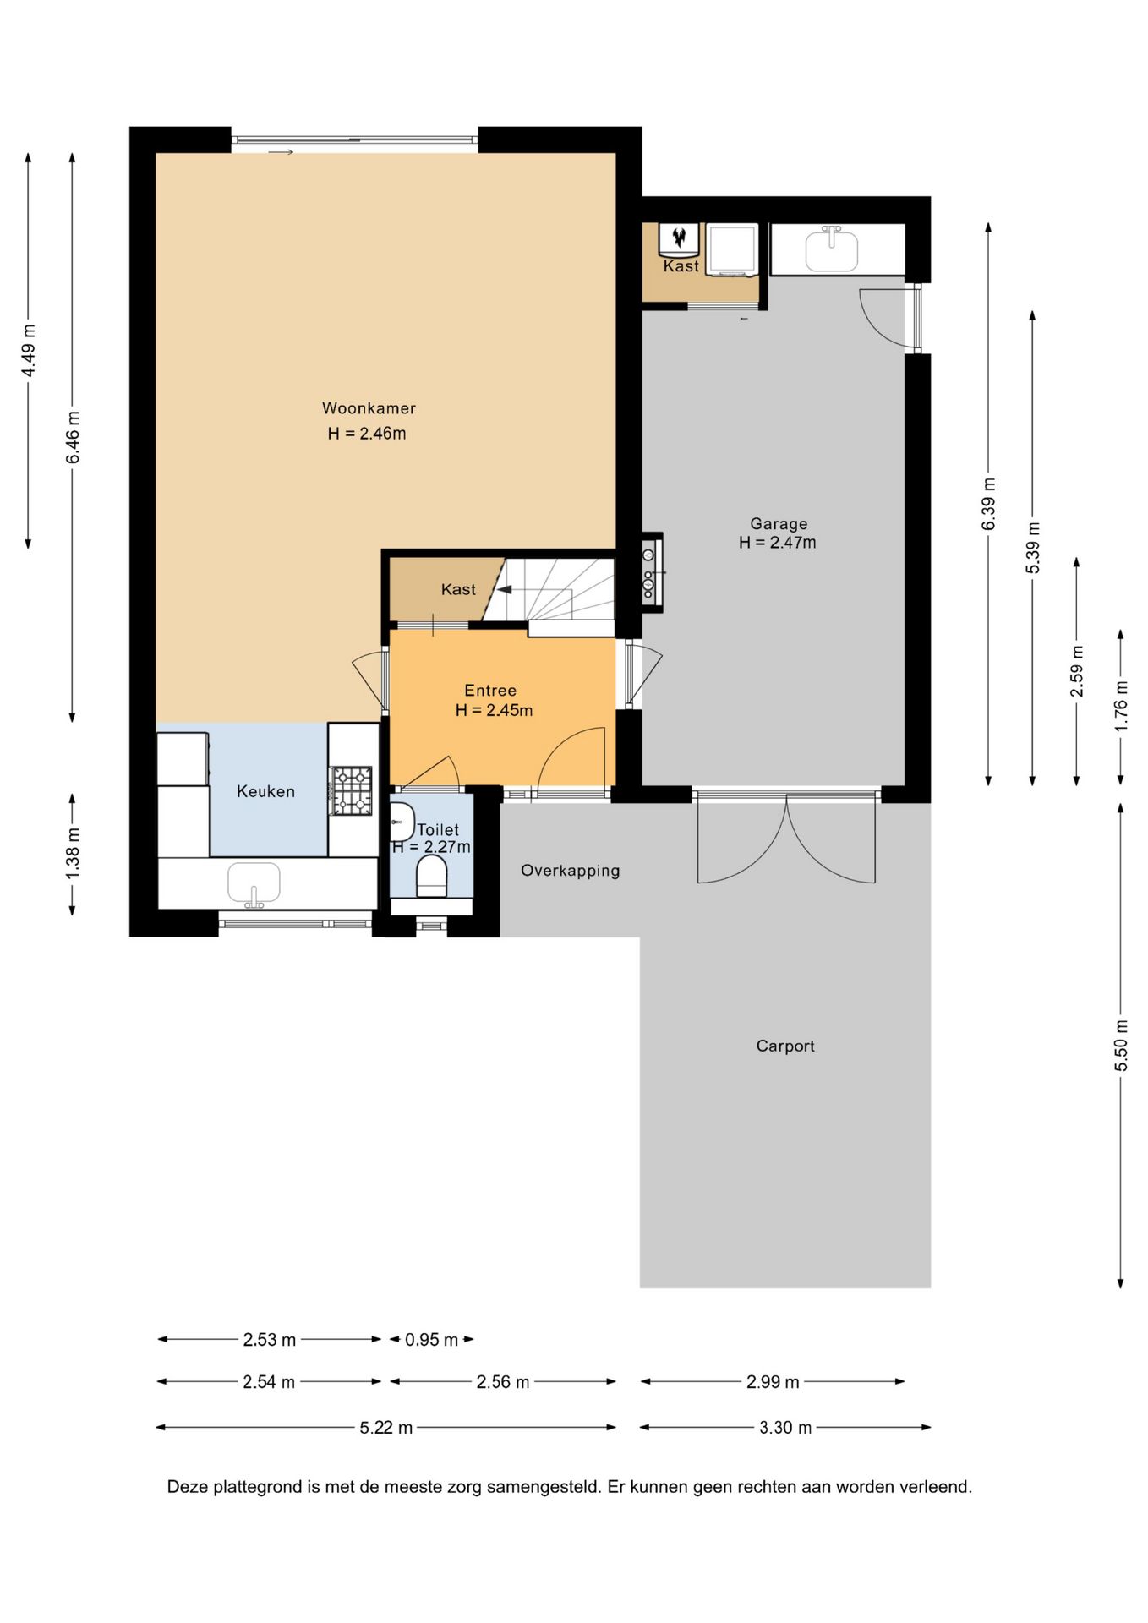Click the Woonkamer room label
[369, 408]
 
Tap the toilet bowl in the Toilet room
[432, 876]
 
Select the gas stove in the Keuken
[352, 790]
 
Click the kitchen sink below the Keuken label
[254, 883]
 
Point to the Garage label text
[779, 524]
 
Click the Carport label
[785, 1046]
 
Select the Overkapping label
[570, 871]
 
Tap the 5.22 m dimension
[386, 1428]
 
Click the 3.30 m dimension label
[785, 1428]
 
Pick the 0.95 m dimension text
[431, 1340]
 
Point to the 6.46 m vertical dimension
[74, 437]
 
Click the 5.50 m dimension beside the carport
[1121, 1046]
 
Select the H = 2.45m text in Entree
[494, 711]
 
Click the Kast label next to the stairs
[458, 590]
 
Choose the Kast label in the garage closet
[681, 266]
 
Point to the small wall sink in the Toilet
[402, 822]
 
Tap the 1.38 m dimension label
[74, 853]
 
